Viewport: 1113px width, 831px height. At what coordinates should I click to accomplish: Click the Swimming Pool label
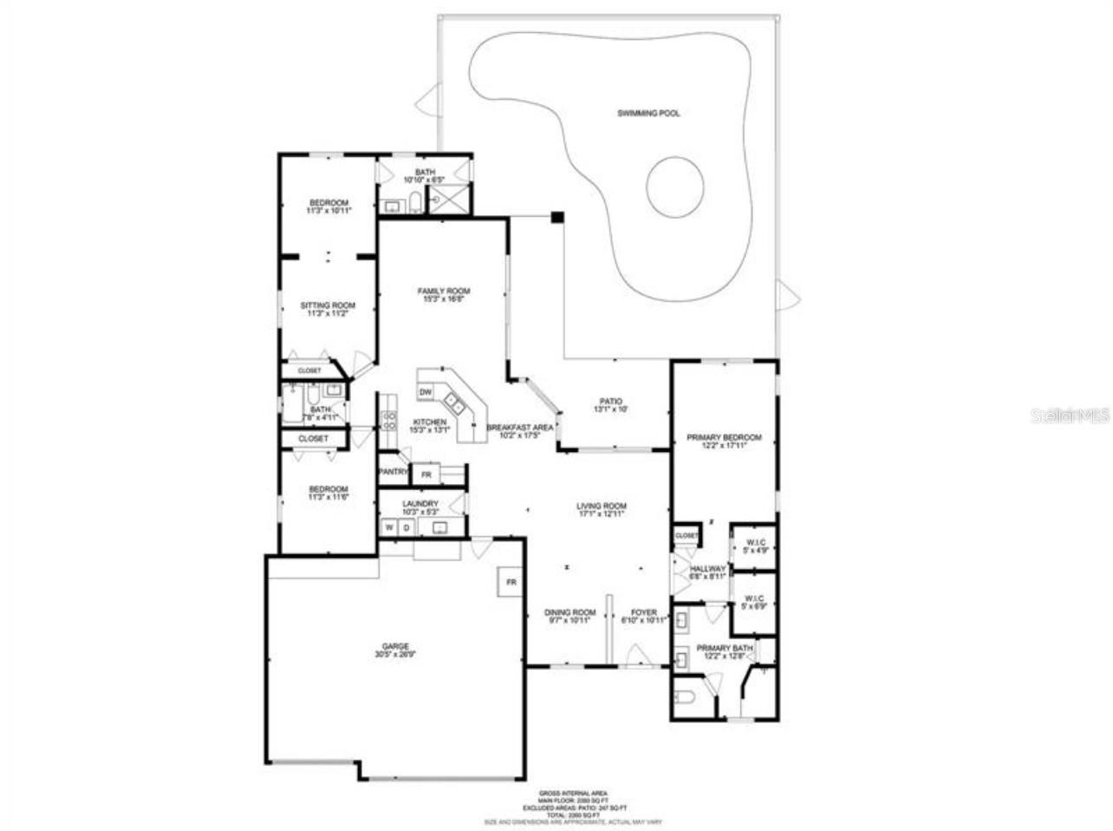coord(648,114)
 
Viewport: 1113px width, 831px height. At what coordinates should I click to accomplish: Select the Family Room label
coord(443,291)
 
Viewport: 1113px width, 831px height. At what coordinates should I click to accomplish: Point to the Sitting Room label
coord(328,305)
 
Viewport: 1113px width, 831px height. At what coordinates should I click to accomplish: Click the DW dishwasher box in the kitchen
coord(425,393)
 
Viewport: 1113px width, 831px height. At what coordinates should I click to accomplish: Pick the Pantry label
coord(393,472)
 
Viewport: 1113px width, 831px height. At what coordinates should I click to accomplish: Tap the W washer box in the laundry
coord(389,527)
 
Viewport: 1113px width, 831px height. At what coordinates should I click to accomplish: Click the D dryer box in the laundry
coord(405,527)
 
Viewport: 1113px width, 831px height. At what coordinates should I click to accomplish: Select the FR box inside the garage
coord(511,583)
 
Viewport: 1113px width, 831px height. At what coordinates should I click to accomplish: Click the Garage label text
coord(395,646)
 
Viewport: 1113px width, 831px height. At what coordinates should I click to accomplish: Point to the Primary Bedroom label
coord(724,438)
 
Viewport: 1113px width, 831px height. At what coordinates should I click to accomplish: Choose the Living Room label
coord(602,507)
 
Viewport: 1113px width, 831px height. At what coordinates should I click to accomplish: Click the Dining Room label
coord(570,612)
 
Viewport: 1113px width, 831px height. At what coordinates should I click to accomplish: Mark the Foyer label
coord(643,612)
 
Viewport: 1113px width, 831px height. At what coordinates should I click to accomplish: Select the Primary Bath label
coord(725,648)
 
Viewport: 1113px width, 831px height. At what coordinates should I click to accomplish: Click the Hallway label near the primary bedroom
coord(707,569)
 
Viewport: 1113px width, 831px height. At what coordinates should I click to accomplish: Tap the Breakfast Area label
coord(519,428)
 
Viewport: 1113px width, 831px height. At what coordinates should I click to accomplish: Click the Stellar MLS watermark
coord(1069,416)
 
